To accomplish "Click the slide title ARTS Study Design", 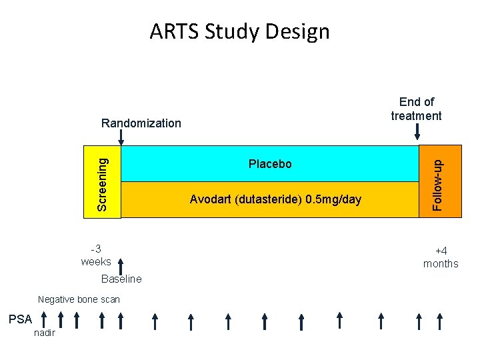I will (239, 31).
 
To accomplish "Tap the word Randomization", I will (141, 123).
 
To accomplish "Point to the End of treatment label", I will (416, 109).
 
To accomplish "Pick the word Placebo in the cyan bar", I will (270, 164).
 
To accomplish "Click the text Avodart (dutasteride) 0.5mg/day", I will (275, 199).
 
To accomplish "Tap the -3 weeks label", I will (96, 255).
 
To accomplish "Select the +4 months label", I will (441, 257).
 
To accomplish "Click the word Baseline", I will (121, 279).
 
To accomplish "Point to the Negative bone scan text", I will (79, 300).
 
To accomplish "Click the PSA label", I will (19, 319).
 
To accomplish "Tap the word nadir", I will (45, 333).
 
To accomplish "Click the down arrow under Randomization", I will (121, 137).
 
